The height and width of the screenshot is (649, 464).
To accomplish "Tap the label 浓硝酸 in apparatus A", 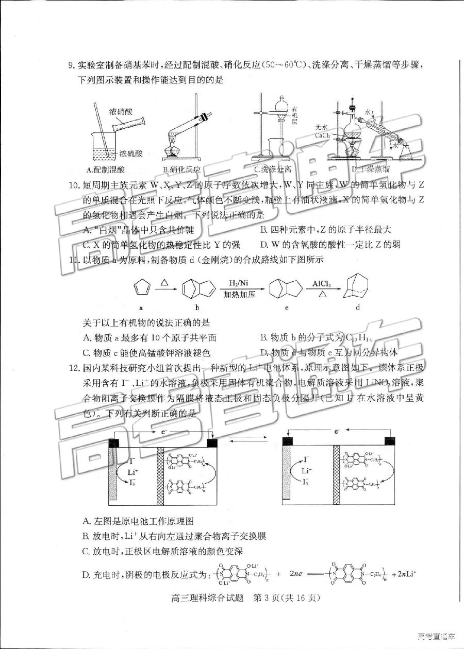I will tap(120, 111).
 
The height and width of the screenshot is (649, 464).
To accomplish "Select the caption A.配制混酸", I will tap(107, 169).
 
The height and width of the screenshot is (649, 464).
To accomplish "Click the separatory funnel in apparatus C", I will tap(282, 109).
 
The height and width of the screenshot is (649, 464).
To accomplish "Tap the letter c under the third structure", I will tap(286, 308).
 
